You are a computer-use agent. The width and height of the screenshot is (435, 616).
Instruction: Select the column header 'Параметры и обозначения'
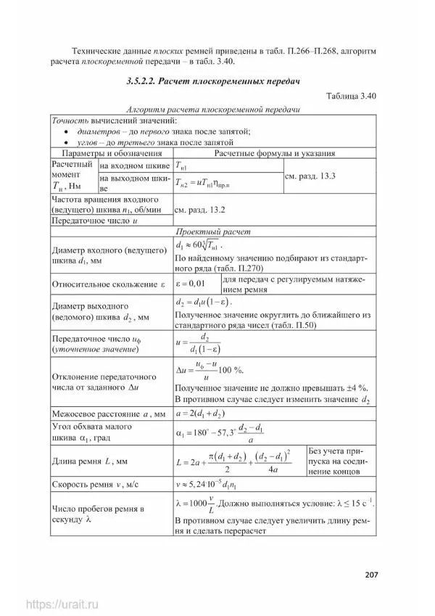[x=111, y=154]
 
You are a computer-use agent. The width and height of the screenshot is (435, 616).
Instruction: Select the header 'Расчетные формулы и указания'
[x=274, y=154]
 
